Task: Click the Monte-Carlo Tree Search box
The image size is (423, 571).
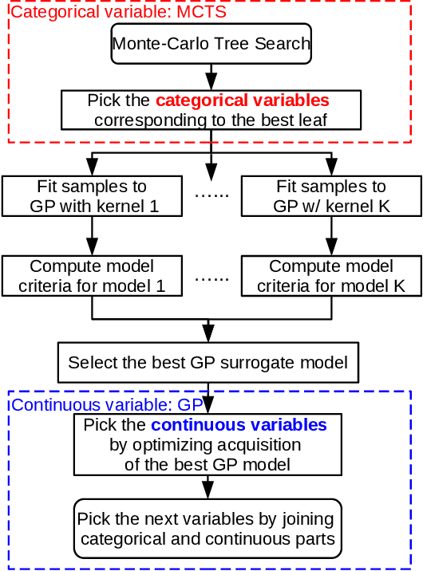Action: [211, 44]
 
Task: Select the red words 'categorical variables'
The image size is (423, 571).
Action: [242, 101]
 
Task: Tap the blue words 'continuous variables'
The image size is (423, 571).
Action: [239, 425]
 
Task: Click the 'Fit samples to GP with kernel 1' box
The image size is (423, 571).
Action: [92, 196]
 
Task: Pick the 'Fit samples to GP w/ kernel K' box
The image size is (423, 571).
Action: [330, 196]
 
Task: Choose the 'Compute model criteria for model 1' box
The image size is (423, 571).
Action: [92, 276]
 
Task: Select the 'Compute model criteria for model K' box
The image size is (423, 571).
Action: [330, 276]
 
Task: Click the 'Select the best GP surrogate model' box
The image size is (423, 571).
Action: [208, 363]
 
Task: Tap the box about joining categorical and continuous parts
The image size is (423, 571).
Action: [208, 529]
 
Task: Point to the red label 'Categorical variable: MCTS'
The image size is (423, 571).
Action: [120, 12]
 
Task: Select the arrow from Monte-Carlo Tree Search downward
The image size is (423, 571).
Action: [211, 77]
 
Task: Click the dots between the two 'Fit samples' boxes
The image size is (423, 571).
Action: [211, 195]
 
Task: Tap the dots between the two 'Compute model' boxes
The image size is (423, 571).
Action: [211, 278]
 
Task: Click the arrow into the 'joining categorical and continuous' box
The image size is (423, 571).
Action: [208, 487]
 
